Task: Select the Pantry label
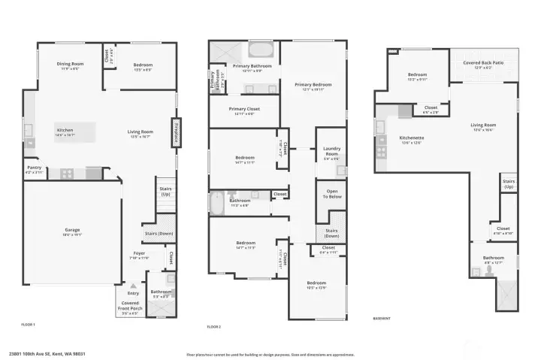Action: click(34, 169)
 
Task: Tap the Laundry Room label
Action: click(331, 155)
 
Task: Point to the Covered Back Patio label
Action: click(483, 65)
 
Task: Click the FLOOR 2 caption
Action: click(214, 327)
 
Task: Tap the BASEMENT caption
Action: click(382, 318)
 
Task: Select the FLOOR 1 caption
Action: click(29, 324)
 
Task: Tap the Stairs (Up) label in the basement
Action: click(509, 183)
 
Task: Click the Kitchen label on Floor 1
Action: click(65, 132)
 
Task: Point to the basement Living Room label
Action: click(483, 126)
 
